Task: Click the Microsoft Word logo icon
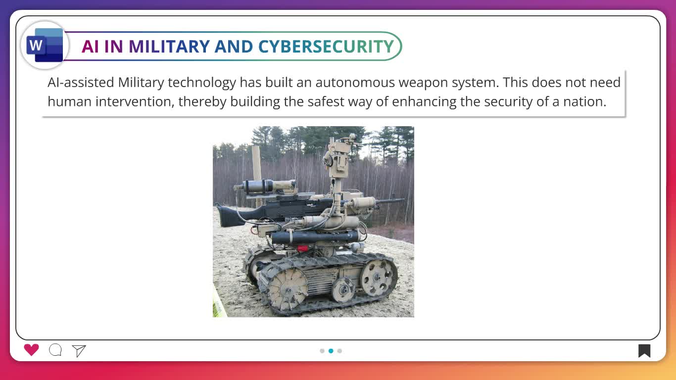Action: tap(45, 45)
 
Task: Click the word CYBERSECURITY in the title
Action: tap(326, 47)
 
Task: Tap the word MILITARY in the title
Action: tap(169, 47)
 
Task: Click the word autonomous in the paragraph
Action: tap(355, 83)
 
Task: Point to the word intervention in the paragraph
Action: tap(135, 102)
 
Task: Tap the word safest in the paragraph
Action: tap(326, 102)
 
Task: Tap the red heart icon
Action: tap(31, 350)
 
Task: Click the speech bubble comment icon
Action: tap(55, 350)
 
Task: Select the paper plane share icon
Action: tap(79, 351)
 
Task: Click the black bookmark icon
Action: tap(644, 351)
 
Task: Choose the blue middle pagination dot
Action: tap(331, 351)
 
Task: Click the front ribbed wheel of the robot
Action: tap(288, 288)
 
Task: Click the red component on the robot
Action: tap(302, 248)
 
